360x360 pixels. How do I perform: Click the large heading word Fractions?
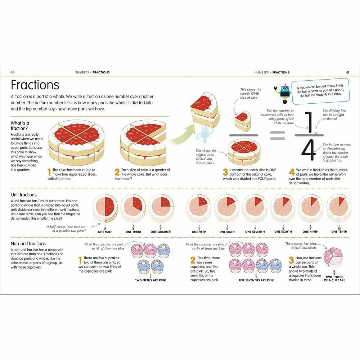[x=35, y=85]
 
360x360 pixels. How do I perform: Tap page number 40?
[x=13, y=72]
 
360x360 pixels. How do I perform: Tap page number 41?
[x=347, y=72]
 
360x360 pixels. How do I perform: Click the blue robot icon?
[x=285, y=94]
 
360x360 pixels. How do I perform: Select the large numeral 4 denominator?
[x=309, y=150]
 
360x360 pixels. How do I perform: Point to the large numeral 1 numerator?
[x=308, y=121]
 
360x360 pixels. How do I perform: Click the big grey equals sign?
[x=277, y=135]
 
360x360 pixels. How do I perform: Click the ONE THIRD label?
[x=133, y=232]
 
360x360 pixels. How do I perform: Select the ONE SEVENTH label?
[x=255, y=232]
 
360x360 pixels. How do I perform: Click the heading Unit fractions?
[x=24, y=195]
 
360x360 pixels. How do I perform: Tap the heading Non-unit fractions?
[x=28, y=244]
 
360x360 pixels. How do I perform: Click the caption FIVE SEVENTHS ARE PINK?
[x=256, y=280]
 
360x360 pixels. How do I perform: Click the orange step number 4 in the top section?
[x=292, y=172]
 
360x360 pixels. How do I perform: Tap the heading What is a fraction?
[x=20, y=126]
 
